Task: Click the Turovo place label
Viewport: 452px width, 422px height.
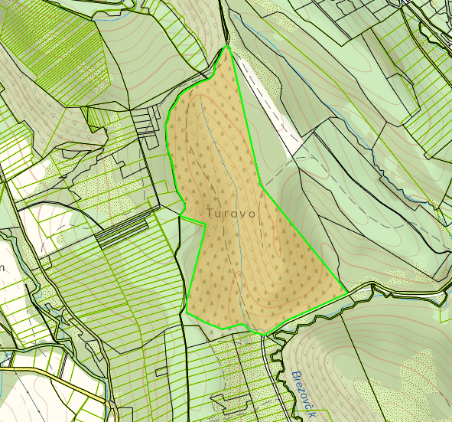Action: tap(230, 213)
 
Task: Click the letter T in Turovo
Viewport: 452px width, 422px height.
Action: tap(210, 212)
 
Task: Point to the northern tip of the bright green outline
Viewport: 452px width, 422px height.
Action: tap(228, 47)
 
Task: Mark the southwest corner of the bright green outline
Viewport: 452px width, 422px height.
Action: tap(187, 312)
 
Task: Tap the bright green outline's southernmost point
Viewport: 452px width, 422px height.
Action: tap(265, 335)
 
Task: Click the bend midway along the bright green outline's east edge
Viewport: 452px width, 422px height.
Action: tap(262, 185)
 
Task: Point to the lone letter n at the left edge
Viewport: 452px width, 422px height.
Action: tap(2, 267)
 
